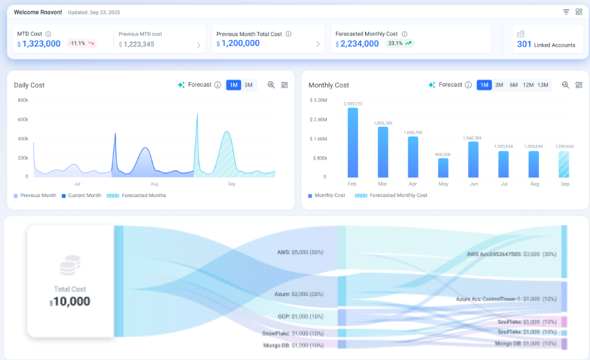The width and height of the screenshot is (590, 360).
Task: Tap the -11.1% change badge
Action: [x=81, y=43]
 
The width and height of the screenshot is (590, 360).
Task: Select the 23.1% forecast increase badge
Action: [x=399, y=43]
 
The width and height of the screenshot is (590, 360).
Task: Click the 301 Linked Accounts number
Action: [x=524, y=45]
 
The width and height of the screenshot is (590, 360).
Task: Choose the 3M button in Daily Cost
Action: [x=248, y=85]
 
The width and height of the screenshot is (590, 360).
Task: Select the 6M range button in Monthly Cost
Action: [x=513, y=85]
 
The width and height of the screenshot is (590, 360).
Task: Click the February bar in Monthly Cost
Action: [x=352, y=142]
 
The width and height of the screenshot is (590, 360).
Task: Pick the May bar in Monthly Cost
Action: [x=443, y=167]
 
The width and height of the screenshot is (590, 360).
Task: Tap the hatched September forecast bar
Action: [x=564, y=164]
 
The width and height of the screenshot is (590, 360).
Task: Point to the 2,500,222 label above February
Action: [x=352, y=103]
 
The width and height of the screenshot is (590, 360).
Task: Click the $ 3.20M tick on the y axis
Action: [x=319, y=100]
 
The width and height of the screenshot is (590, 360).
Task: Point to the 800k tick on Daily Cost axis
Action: [x=23, y=100]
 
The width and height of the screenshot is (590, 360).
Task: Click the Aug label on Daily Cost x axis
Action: [x=154, y=184]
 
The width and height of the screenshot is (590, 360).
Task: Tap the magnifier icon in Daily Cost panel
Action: [x=271, y=85]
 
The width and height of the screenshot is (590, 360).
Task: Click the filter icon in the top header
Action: [x=566, y=12]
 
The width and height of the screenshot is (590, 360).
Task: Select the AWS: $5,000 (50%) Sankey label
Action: [x=300, y=251]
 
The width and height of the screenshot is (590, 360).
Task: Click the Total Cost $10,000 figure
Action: [x=70, y=302]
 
